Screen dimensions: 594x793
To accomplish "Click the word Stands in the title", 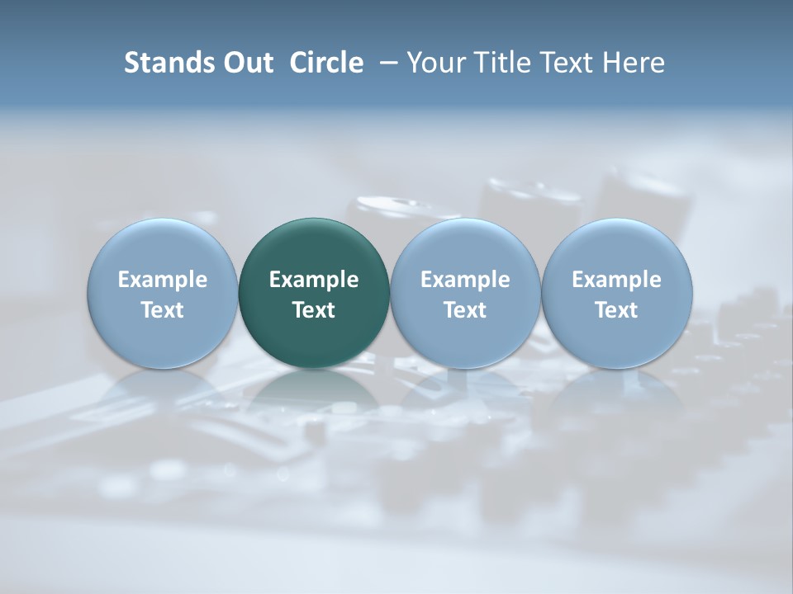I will (x=168, y=63).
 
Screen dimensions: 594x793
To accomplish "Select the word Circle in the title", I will (x=326, y=63).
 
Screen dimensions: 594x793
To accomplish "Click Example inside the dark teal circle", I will (x=314, y=280).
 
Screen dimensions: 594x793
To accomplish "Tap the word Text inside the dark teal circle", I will (x=314, y=310).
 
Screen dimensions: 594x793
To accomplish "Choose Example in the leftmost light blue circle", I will (x=163, y=280).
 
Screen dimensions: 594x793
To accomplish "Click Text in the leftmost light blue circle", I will (x=163, y=310).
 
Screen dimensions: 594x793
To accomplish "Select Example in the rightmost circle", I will (x=617, y=280).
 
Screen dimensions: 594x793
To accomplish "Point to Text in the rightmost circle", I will (x=617, y=310).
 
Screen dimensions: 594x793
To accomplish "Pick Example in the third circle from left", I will (x=465, y=280).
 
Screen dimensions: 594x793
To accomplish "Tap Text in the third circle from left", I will (x=465, y=310).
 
